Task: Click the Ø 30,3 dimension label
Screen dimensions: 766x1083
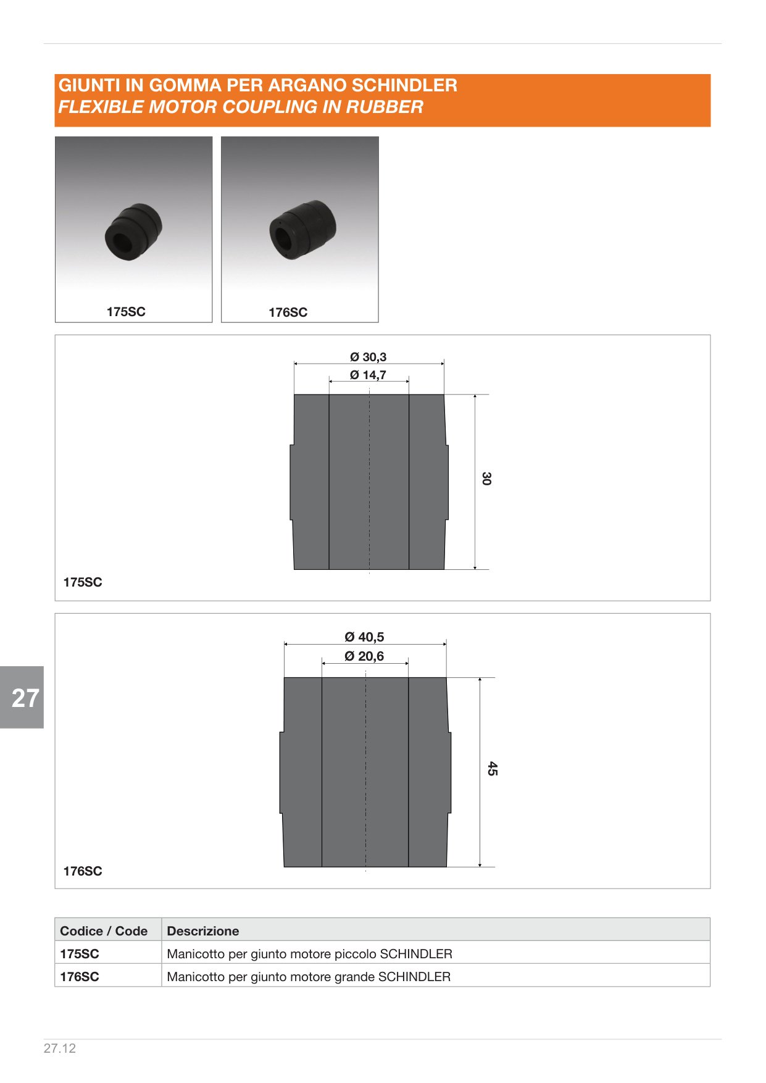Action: tap(368, 357)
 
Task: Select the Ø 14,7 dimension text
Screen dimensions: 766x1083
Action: tap(368, 375)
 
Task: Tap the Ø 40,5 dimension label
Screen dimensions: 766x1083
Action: tap(364, 637)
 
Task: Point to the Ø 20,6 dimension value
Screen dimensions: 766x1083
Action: tap(364, 656)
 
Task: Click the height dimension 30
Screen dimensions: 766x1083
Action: tap(486, 479)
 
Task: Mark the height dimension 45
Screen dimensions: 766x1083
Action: tap(492, 769)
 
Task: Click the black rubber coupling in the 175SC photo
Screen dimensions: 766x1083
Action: tap(133, 231)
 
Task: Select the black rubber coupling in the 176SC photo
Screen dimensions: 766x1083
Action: tap(303, 230)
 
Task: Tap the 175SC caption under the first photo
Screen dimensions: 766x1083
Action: tap(126, 312)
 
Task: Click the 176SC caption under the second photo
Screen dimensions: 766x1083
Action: tap(288, 312)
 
